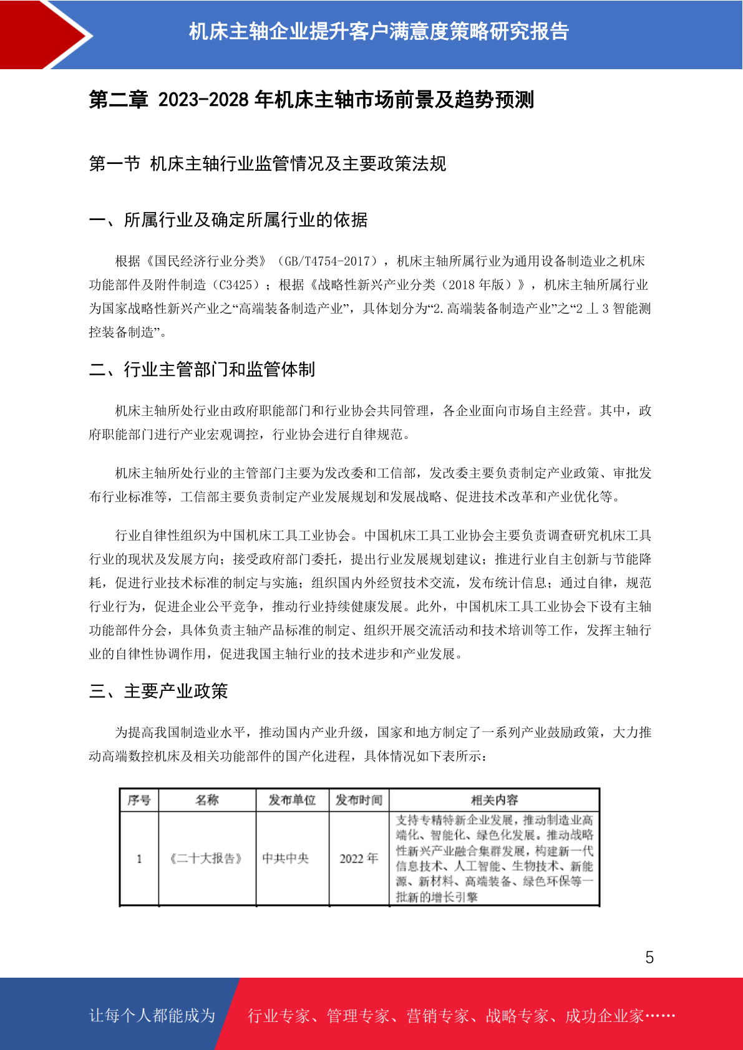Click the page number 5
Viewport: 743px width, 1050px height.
649,957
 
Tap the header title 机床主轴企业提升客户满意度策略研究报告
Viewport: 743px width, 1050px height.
379,31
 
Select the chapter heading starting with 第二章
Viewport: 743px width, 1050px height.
311,100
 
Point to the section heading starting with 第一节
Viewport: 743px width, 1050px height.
268,164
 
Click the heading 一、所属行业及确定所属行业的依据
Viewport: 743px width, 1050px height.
228,220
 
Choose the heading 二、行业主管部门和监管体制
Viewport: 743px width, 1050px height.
202,370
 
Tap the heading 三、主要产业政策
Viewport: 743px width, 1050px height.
158,691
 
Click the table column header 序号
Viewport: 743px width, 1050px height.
139,800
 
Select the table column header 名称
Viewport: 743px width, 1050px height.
207,800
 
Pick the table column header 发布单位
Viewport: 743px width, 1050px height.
292,800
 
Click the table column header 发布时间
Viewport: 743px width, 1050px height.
359,800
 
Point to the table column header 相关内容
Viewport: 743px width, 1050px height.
494,800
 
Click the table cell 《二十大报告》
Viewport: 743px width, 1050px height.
206,859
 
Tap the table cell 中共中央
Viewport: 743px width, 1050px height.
286,859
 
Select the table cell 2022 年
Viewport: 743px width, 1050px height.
359,859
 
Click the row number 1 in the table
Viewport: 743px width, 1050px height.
139,859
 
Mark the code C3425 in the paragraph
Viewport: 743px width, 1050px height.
235,285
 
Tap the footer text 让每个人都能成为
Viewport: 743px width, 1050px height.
152,1016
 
